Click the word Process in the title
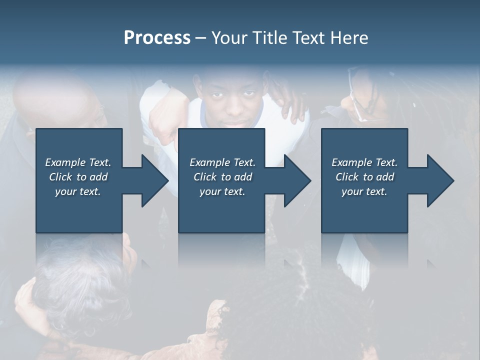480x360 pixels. click(x=157, y=37)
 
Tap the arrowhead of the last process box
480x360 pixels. click(x=439, y=180)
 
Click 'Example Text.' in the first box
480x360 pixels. click(x=78, y=162)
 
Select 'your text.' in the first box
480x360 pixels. click(x=78, y=191)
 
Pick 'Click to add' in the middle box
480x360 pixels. click(x=222, y=176)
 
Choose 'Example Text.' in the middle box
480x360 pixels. click(x=222, y=162)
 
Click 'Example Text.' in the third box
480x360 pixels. click(x=364, y=162)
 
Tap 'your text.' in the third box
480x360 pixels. click(x=364, y=191)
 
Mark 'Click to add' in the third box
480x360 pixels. click(x=364, y=176)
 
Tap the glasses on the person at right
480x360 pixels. click(x=361, y=102)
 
